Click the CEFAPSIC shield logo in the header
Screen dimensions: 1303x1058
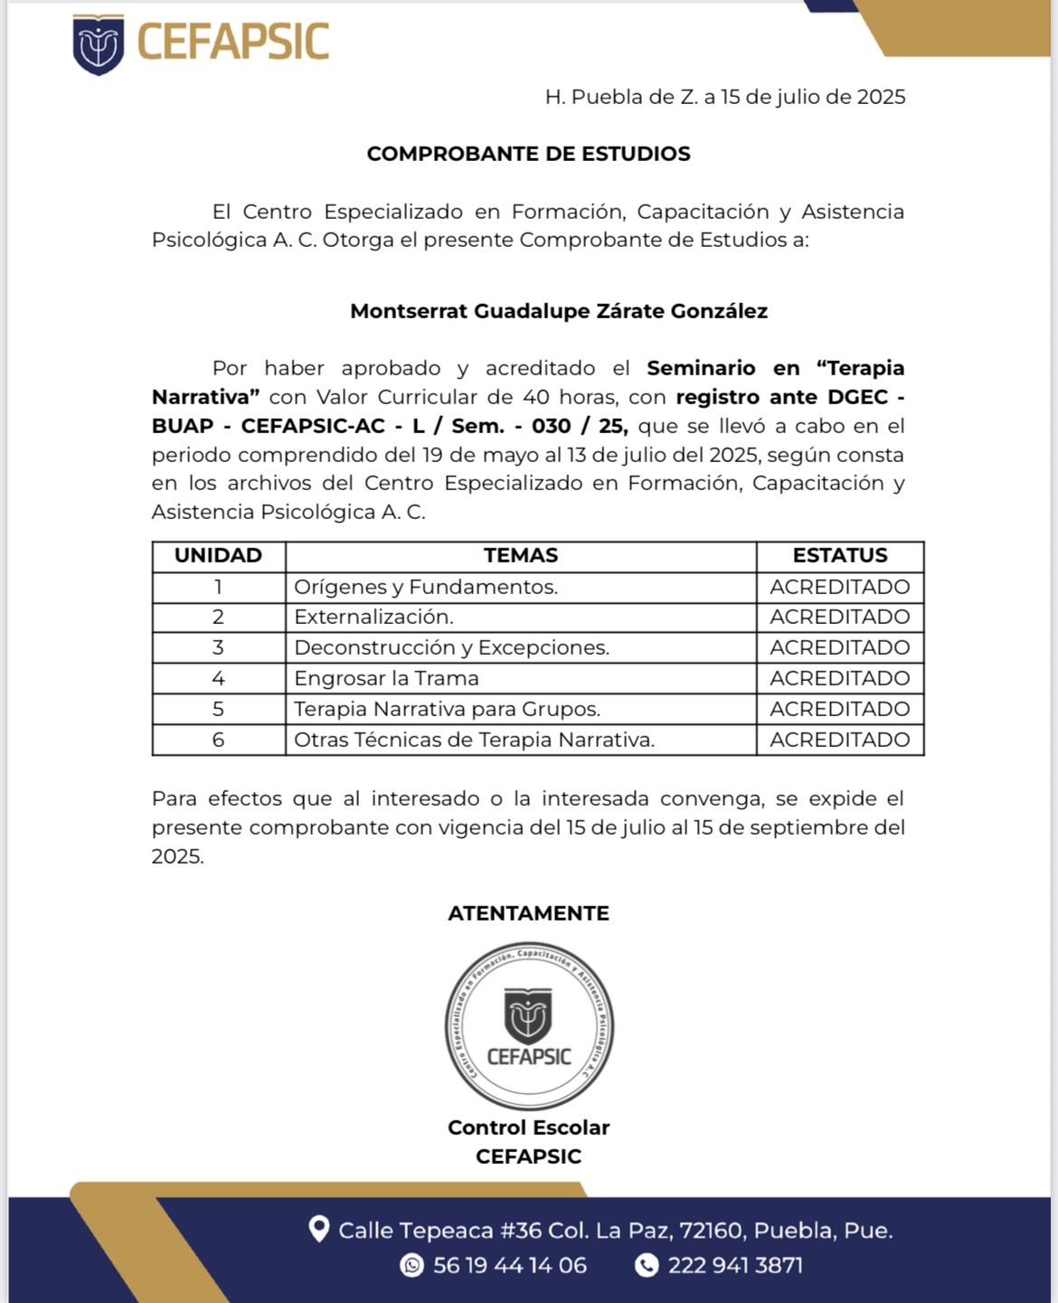(99, 44)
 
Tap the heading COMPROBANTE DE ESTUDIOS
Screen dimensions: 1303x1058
(528, 154)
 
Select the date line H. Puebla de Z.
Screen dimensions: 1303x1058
(724, 98)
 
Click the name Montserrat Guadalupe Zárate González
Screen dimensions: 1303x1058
(558, 311)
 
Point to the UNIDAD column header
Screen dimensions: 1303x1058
(218, 555)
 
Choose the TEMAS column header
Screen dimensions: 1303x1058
(520, 555)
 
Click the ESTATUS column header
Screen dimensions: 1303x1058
(839, 555)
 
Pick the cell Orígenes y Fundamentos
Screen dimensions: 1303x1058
(426, 587)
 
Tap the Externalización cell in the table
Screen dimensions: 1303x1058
(373, 617)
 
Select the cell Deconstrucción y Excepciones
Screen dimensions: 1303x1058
(451, 647)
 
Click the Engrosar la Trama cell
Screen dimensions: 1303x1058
(386, 678)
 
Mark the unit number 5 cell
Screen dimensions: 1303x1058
(218, 709)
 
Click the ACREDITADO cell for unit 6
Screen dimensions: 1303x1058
(839, 740)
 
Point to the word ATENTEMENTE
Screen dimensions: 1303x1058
(528, 913)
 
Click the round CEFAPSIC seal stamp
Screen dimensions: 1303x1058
(529, 1026)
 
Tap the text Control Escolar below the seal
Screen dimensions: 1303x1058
(528, 1128)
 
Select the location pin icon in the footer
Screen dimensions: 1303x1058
(318, 1229)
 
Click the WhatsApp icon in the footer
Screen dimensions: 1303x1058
(411, 1265)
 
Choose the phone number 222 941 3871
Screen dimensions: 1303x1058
(734, 1265)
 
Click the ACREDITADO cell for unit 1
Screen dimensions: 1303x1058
(839, 587)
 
